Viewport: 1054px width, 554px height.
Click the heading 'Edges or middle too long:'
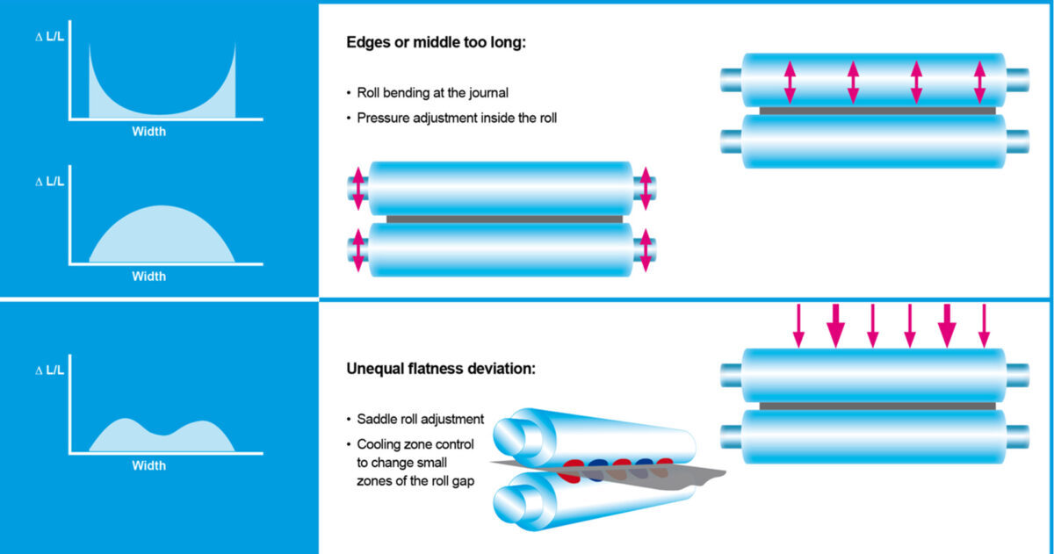436,43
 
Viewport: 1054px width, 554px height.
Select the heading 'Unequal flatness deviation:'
441,369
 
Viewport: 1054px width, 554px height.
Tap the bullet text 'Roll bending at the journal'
432,93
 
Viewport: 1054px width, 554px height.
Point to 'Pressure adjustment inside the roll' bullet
457,118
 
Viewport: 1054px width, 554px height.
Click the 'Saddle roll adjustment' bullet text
420,419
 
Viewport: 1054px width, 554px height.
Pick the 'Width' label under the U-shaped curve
148,132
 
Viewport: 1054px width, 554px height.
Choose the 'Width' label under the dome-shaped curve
148,277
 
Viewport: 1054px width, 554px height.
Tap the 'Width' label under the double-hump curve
148,465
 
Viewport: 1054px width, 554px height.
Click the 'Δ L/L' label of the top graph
49,37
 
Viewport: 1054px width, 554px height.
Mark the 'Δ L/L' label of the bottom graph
49,371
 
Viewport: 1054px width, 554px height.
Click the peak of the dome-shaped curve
162,206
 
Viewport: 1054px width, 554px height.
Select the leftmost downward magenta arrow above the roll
798,326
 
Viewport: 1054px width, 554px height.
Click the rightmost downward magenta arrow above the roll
984,326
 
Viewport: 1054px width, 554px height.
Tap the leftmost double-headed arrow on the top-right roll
790,83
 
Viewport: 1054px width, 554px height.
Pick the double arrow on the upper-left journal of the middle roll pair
358,188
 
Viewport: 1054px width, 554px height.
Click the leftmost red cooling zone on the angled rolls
570,471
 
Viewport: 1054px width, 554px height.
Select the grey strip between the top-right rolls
877,111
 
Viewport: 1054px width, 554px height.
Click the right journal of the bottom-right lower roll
1017,437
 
